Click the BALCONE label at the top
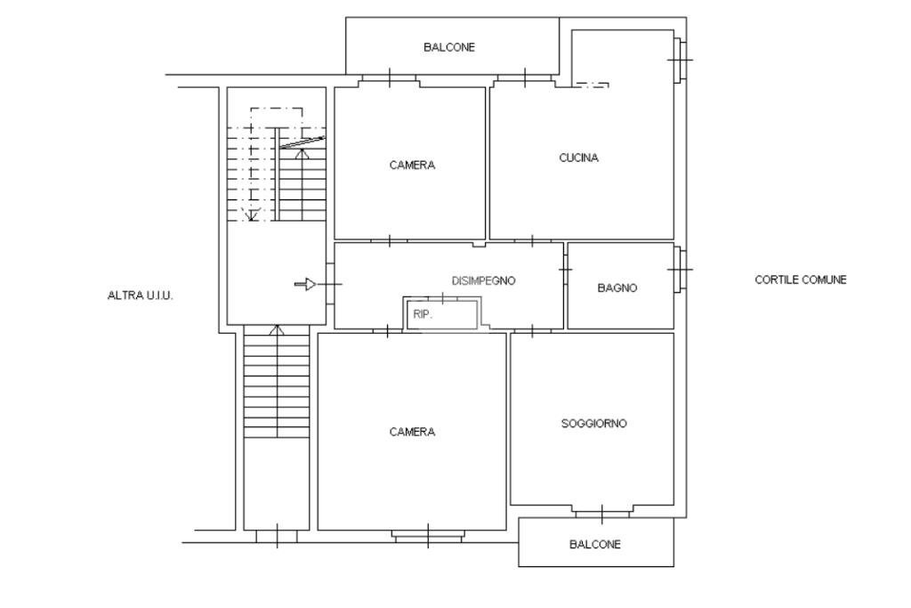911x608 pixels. coord(448,47)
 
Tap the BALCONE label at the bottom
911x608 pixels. coord(595,544)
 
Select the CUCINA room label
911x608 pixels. coord(578,158)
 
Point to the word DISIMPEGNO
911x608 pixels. coord(483,280)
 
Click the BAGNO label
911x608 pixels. coord(617,288)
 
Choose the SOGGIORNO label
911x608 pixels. coord(593,424)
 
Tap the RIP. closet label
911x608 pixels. coord(423,313)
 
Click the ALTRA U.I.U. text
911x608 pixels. coord(140,295)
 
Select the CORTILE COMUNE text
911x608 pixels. coord(801,280)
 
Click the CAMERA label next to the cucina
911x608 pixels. coord(412,165)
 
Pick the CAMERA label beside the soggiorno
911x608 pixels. coord(412,432)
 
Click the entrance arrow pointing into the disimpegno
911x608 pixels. coord(305,284)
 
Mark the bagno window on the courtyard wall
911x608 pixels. coord(681,269)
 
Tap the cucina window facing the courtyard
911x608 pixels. coord(681,60)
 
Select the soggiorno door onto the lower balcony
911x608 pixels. coord(602,514)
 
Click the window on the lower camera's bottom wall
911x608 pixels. coord(428,536)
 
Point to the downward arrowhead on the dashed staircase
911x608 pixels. coord(253,214)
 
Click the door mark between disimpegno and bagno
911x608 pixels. coord(564,268)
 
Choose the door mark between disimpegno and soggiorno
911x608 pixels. coord(532,330)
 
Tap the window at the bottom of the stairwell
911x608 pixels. coord(276,536)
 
